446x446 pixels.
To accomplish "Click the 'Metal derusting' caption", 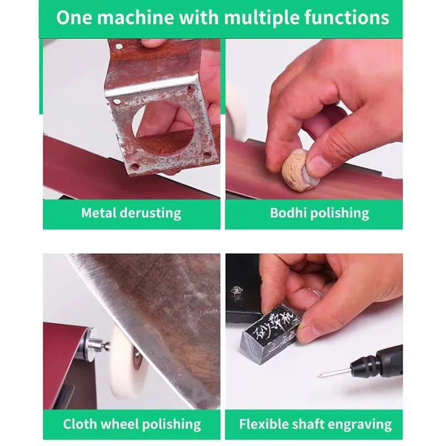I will [x=131, y=213].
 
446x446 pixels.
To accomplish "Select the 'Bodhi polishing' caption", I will [x=319, y=213].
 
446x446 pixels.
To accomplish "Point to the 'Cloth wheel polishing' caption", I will [x=132, y=424].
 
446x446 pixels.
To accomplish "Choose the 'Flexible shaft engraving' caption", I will [x=315, y=424].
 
